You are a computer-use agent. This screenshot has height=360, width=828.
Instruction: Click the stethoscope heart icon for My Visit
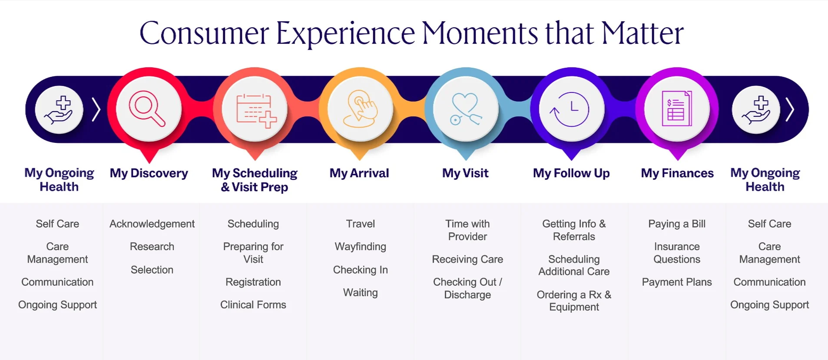pyautogui.click(x=466, y=109)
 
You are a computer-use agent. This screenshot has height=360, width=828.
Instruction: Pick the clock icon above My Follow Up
pyautogui.click(x=571, y=109)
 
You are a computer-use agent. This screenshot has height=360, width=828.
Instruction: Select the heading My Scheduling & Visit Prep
pyautogui.click(x=255, y=180)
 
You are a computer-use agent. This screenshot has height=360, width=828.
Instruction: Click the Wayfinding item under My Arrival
pyautogui.click(x=360, y=247)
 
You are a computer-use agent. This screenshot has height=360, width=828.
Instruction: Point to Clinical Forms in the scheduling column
pyautogui.click(x=253, y=305)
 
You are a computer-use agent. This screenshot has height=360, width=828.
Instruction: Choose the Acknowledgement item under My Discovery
pyautogui.click(x=152, y=224)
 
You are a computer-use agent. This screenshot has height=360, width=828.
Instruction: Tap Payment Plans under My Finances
pyautogui.click(x=676, y=282)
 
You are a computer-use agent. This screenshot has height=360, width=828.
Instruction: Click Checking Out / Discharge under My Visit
pyautogui.click(x=467, y=288)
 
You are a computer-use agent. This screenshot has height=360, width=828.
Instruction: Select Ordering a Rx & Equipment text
pyautogui.click(x=573, y=301)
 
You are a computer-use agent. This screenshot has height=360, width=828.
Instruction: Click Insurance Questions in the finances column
pyautogui.click(x=676, y=253)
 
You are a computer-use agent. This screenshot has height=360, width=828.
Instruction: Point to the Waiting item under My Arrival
pyautogui.click(x=360, y=293)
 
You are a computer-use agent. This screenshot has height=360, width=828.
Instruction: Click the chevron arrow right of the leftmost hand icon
pyautogui.click(x=96, y=109)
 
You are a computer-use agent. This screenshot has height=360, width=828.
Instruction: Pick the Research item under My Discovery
pyautogui.click(x=152, y=247)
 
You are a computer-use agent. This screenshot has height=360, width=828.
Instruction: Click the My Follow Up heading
pyautogui.click(x=571, y=173)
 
